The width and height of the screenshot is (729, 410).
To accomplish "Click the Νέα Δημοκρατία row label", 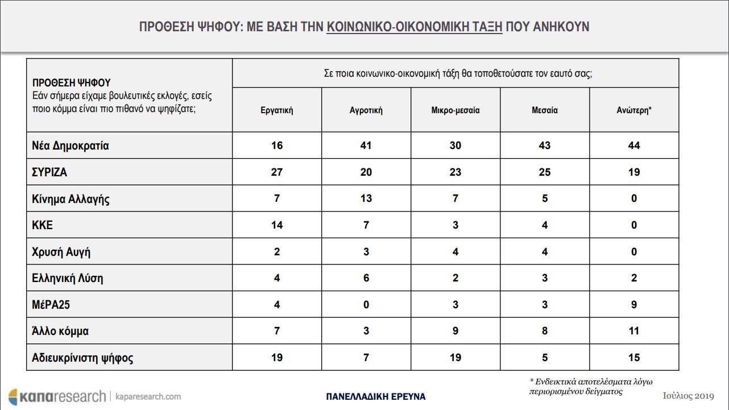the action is (71, 146).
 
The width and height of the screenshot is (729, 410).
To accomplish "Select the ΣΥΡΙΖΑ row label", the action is (49, 172).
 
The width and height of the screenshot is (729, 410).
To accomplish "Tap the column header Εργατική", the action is (276, 110).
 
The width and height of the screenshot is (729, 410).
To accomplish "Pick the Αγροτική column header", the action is (366, 110).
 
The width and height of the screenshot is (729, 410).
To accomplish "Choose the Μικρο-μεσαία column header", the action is (455, 110).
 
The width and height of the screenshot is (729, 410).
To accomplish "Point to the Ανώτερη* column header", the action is (634, 110).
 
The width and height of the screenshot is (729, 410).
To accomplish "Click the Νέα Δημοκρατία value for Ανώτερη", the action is (634, 146).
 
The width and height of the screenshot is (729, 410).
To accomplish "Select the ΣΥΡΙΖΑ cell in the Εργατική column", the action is (276, 172).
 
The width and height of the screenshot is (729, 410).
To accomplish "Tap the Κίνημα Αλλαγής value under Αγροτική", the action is (366, 198).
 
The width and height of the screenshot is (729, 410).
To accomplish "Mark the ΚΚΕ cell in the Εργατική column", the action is (276, 225).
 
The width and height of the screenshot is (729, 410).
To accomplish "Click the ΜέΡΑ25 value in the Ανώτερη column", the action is (634, 305).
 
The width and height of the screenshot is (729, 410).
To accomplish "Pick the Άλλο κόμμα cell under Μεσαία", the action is (545, 331).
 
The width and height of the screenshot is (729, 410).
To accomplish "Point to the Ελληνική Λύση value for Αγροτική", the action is (366, 278).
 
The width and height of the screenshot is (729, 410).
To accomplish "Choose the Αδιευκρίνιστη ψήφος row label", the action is (82, 358).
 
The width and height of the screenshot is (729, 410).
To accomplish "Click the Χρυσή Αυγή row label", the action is (61, 252).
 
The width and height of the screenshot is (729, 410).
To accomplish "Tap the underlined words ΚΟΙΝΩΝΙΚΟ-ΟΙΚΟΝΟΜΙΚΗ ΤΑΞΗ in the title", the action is (415, 27).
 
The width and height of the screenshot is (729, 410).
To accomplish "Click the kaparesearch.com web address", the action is (148, 397).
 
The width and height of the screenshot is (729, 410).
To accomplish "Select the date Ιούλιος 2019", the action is (688, 396).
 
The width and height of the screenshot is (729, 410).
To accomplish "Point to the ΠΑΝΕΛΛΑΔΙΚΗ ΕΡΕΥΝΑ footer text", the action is (375, 397).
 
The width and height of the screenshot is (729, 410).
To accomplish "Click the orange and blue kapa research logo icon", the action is (13, 397).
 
